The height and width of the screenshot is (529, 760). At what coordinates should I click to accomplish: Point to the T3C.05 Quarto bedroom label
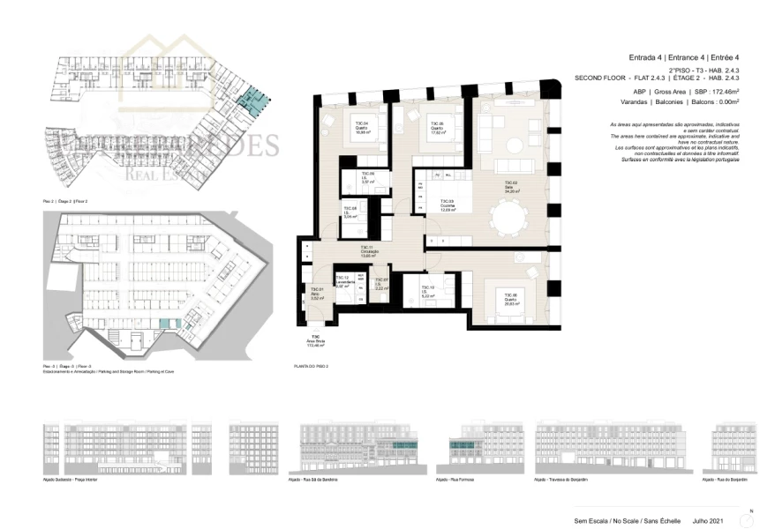[x=435, y=126]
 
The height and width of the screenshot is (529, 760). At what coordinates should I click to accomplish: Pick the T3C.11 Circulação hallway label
[x=368, y=251]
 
